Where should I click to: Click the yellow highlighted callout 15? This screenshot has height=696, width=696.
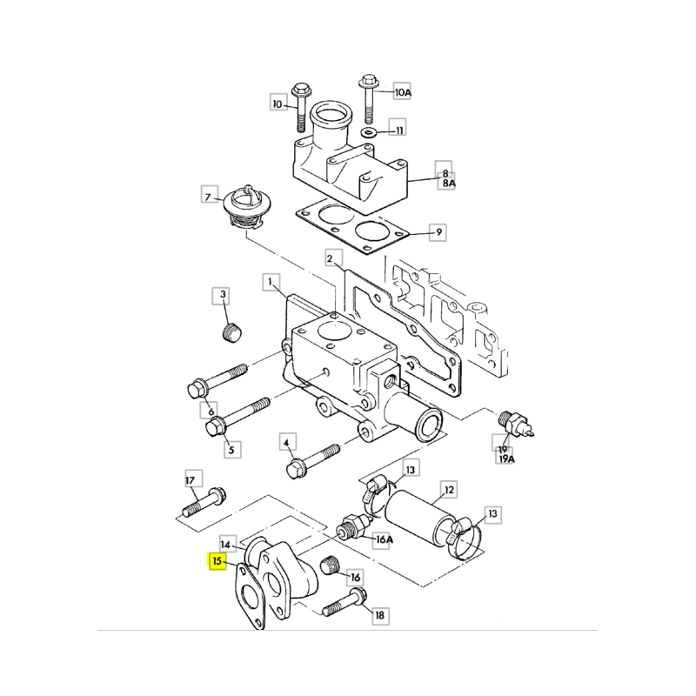[217, 561]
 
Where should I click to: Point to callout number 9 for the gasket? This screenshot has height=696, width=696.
[438, 232]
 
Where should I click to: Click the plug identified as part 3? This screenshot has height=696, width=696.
[231, 332]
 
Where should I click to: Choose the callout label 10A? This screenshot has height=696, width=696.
[403, 92]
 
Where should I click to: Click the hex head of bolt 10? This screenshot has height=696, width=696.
[301, 91]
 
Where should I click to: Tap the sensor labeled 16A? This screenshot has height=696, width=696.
[355, 528]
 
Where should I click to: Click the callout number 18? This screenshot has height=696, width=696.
[380, 615]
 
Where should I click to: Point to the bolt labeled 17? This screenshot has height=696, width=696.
[204, 502]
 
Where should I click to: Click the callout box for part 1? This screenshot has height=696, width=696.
[271, 281]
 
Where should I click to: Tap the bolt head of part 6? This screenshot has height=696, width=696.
[198, 390]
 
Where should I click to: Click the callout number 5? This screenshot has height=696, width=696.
[231, 450]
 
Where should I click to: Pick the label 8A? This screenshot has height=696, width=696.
[449, 183]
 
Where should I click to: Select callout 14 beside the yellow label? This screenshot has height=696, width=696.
[226, 545]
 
